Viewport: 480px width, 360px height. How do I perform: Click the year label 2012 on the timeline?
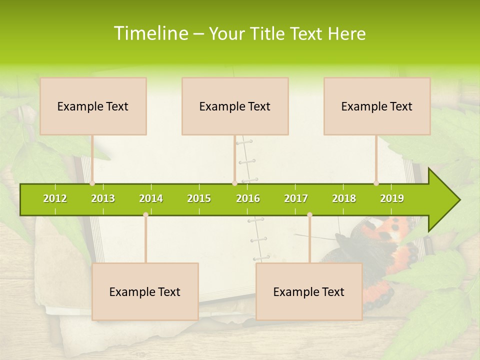click(x=55, y=198)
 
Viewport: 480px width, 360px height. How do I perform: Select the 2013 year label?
click(x=103, y=198)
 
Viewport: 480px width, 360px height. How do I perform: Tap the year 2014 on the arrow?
click(x=151, y=198)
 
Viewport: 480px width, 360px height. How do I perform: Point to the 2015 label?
click(x=199, y=198)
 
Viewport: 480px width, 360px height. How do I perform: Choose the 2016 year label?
click(x=248, y=198)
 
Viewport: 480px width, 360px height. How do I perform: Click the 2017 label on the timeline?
click(x=296, y=198)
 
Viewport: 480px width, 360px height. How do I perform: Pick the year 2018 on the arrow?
click(x=344, y=198)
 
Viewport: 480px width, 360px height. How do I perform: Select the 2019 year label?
click(x=392, y=198)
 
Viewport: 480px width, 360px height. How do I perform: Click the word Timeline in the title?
click(x=150, y=33)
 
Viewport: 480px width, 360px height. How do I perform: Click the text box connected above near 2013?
click(x=93, y=106)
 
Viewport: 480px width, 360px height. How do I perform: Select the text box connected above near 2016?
click(x=235, y=106)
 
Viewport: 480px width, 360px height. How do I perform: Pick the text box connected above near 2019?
click(x=377, y=106)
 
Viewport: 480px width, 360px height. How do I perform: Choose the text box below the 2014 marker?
click(x=145, y=291)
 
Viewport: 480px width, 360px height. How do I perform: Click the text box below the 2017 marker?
click(x=309, y=291)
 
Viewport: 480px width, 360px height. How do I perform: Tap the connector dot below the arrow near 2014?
click(x=145, y=214)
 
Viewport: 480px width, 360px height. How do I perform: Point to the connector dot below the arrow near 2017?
click(x=309, y=214)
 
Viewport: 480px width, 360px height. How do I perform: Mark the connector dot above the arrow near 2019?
click(x=376, y=183)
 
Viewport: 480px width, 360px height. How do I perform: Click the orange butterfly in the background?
click(x=385, y=245)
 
